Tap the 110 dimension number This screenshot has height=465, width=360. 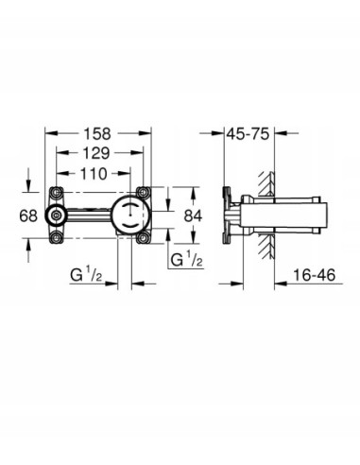(92, 173)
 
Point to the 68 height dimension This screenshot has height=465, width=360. (28, 215)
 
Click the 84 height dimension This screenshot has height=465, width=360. (194, 215)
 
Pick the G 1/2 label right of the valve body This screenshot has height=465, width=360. (185, 259)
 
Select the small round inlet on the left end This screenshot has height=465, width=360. (59, 215)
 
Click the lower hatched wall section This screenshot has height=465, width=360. (269, 248)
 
